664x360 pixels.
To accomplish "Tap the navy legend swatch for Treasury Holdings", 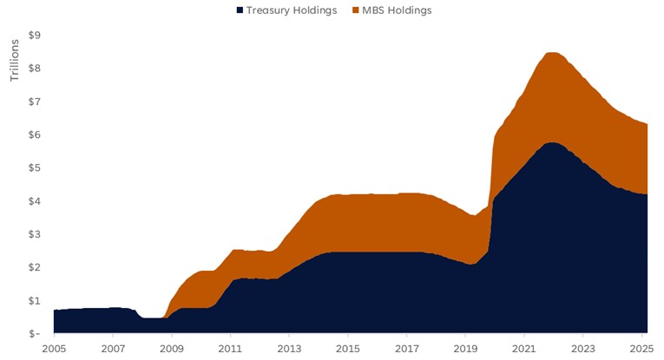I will coord(239,10).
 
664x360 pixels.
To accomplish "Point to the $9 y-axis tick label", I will coord(35,36).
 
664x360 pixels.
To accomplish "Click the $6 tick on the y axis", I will coord(35,134).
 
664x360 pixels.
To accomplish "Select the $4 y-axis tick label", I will coord(35,201).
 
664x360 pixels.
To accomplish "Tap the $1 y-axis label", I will coord(35,300).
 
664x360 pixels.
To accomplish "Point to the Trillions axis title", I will coord(14,60).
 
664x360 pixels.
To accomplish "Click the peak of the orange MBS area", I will coord(551,54).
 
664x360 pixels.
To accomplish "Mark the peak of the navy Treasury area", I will coord(551,143).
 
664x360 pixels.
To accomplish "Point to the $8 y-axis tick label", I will coord(35,69).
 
